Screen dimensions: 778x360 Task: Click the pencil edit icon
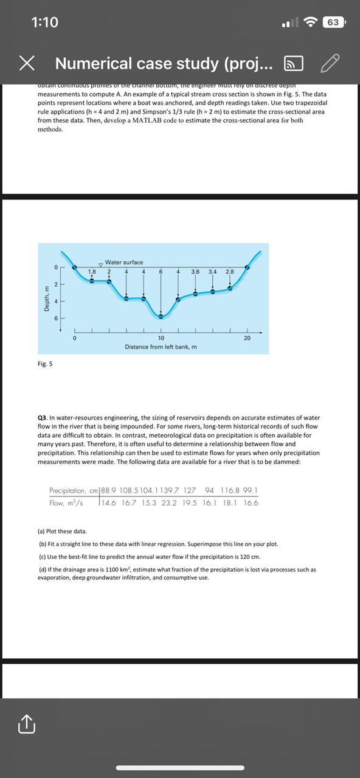329,63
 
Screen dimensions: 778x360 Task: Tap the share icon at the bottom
26,724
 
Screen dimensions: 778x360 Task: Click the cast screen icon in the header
294,63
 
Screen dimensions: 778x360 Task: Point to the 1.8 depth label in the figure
92,271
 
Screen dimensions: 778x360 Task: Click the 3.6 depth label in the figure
195,271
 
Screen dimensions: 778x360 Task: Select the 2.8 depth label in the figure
229,271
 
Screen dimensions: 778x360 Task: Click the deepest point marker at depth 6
161,315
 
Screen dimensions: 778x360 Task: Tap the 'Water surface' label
124,262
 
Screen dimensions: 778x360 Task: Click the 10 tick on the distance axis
161,337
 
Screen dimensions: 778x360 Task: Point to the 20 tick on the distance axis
247,337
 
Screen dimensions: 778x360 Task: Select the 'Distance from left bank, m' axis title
161,346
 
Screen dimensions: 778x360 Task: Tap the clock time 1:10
44,22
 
